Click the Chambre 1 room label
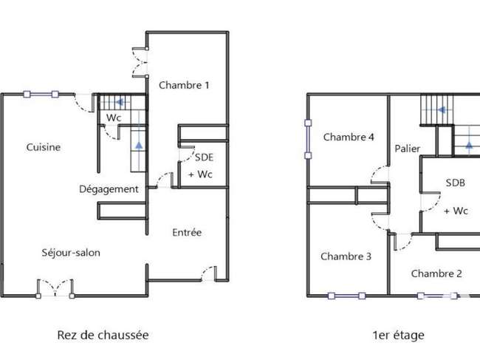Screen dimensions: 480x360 pos(184,85)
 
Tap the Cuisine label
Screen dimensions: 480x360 pos(43,147)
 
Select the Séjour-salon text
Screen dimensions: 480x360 pos(71,253)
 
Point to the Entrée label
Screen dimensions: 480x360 pos(187,232)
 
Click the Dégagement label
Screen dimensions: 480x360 pos(109,189)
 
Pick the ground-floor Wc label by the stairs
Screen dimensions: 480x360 pos(114,118)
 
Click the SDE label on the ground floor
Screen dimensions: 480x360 pos(204,157)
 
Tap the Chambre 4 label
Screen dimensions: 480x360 pos(349,137)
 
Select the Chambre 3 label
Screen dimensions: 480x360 pos(346,256)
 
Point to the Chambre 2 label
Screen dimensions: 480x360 pos(436,274)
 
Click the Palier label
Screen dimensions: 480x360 pos(407,149)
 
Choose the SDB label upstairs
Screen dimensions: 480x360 pos(455,183)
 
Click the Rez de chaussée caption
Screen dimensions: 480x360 pos(103,335)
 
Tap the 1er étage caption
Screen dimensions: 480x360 pos(398,335)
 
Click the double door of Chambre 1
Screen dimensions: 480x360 pos(140,63)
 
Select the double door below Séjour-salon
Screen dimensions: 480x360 pos(55,288)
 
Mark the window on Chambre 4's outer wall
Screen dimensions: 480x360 pos(308,139)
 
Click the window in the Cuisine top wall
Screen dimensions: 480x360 pos(41,94)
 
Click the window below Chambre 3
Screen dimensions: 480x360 pos(346,296)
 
